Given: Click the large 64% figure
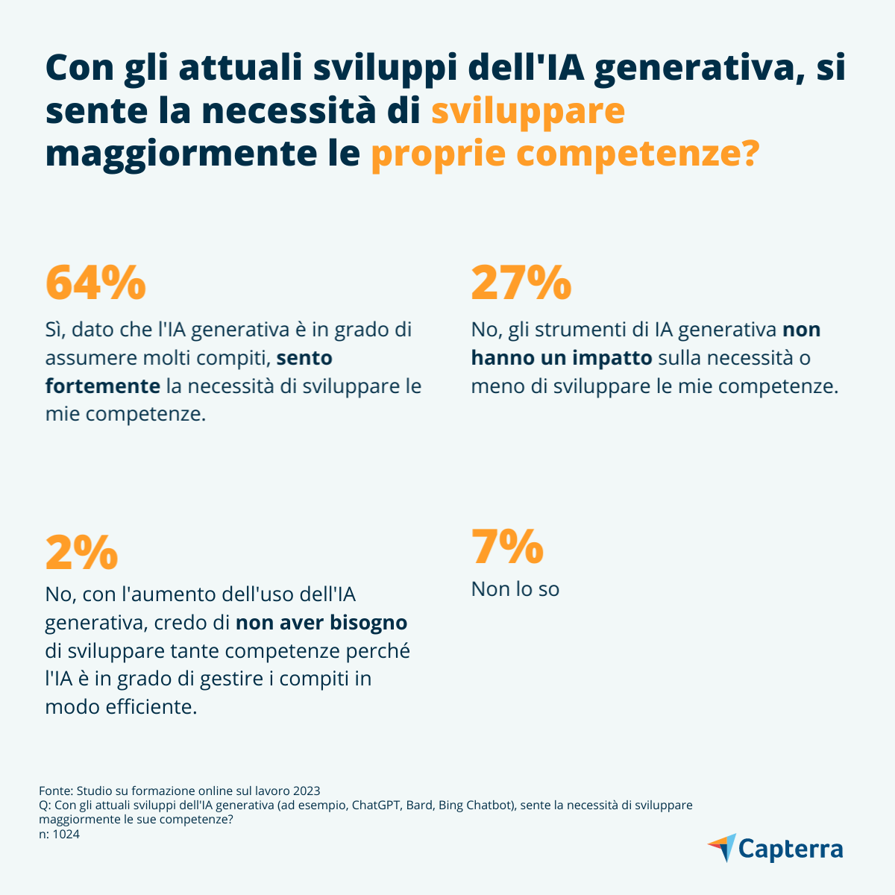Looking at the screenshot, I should coord(95,282).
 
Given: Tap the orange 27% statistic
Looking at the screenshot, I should coord(521,282).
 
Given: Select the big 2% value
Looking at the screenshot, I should coord(81,552).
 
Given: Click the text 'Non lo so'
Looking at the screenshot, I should coord(515,589).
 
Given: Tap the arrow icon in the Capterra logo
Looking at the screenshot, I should coord(722,848).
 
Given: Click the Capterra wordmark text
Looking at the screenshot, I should coord(791,850).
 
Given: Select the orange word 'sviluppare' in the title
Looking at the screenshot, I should coord(528,110).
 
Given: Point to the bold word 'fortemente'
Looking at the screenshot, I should coord(103,386).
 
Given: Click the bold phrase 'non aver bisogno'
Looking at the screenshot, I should coord(321,622).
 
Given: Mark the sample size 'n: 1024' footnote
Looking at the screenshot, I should coord(59,835).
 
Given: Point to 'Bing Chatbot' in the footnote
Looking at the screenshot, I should coord(476,805).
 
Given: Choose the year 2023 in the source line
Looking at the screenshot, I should coord(307,791).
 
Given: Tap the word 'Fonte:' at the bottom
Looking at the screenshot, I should coord(55,791).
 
